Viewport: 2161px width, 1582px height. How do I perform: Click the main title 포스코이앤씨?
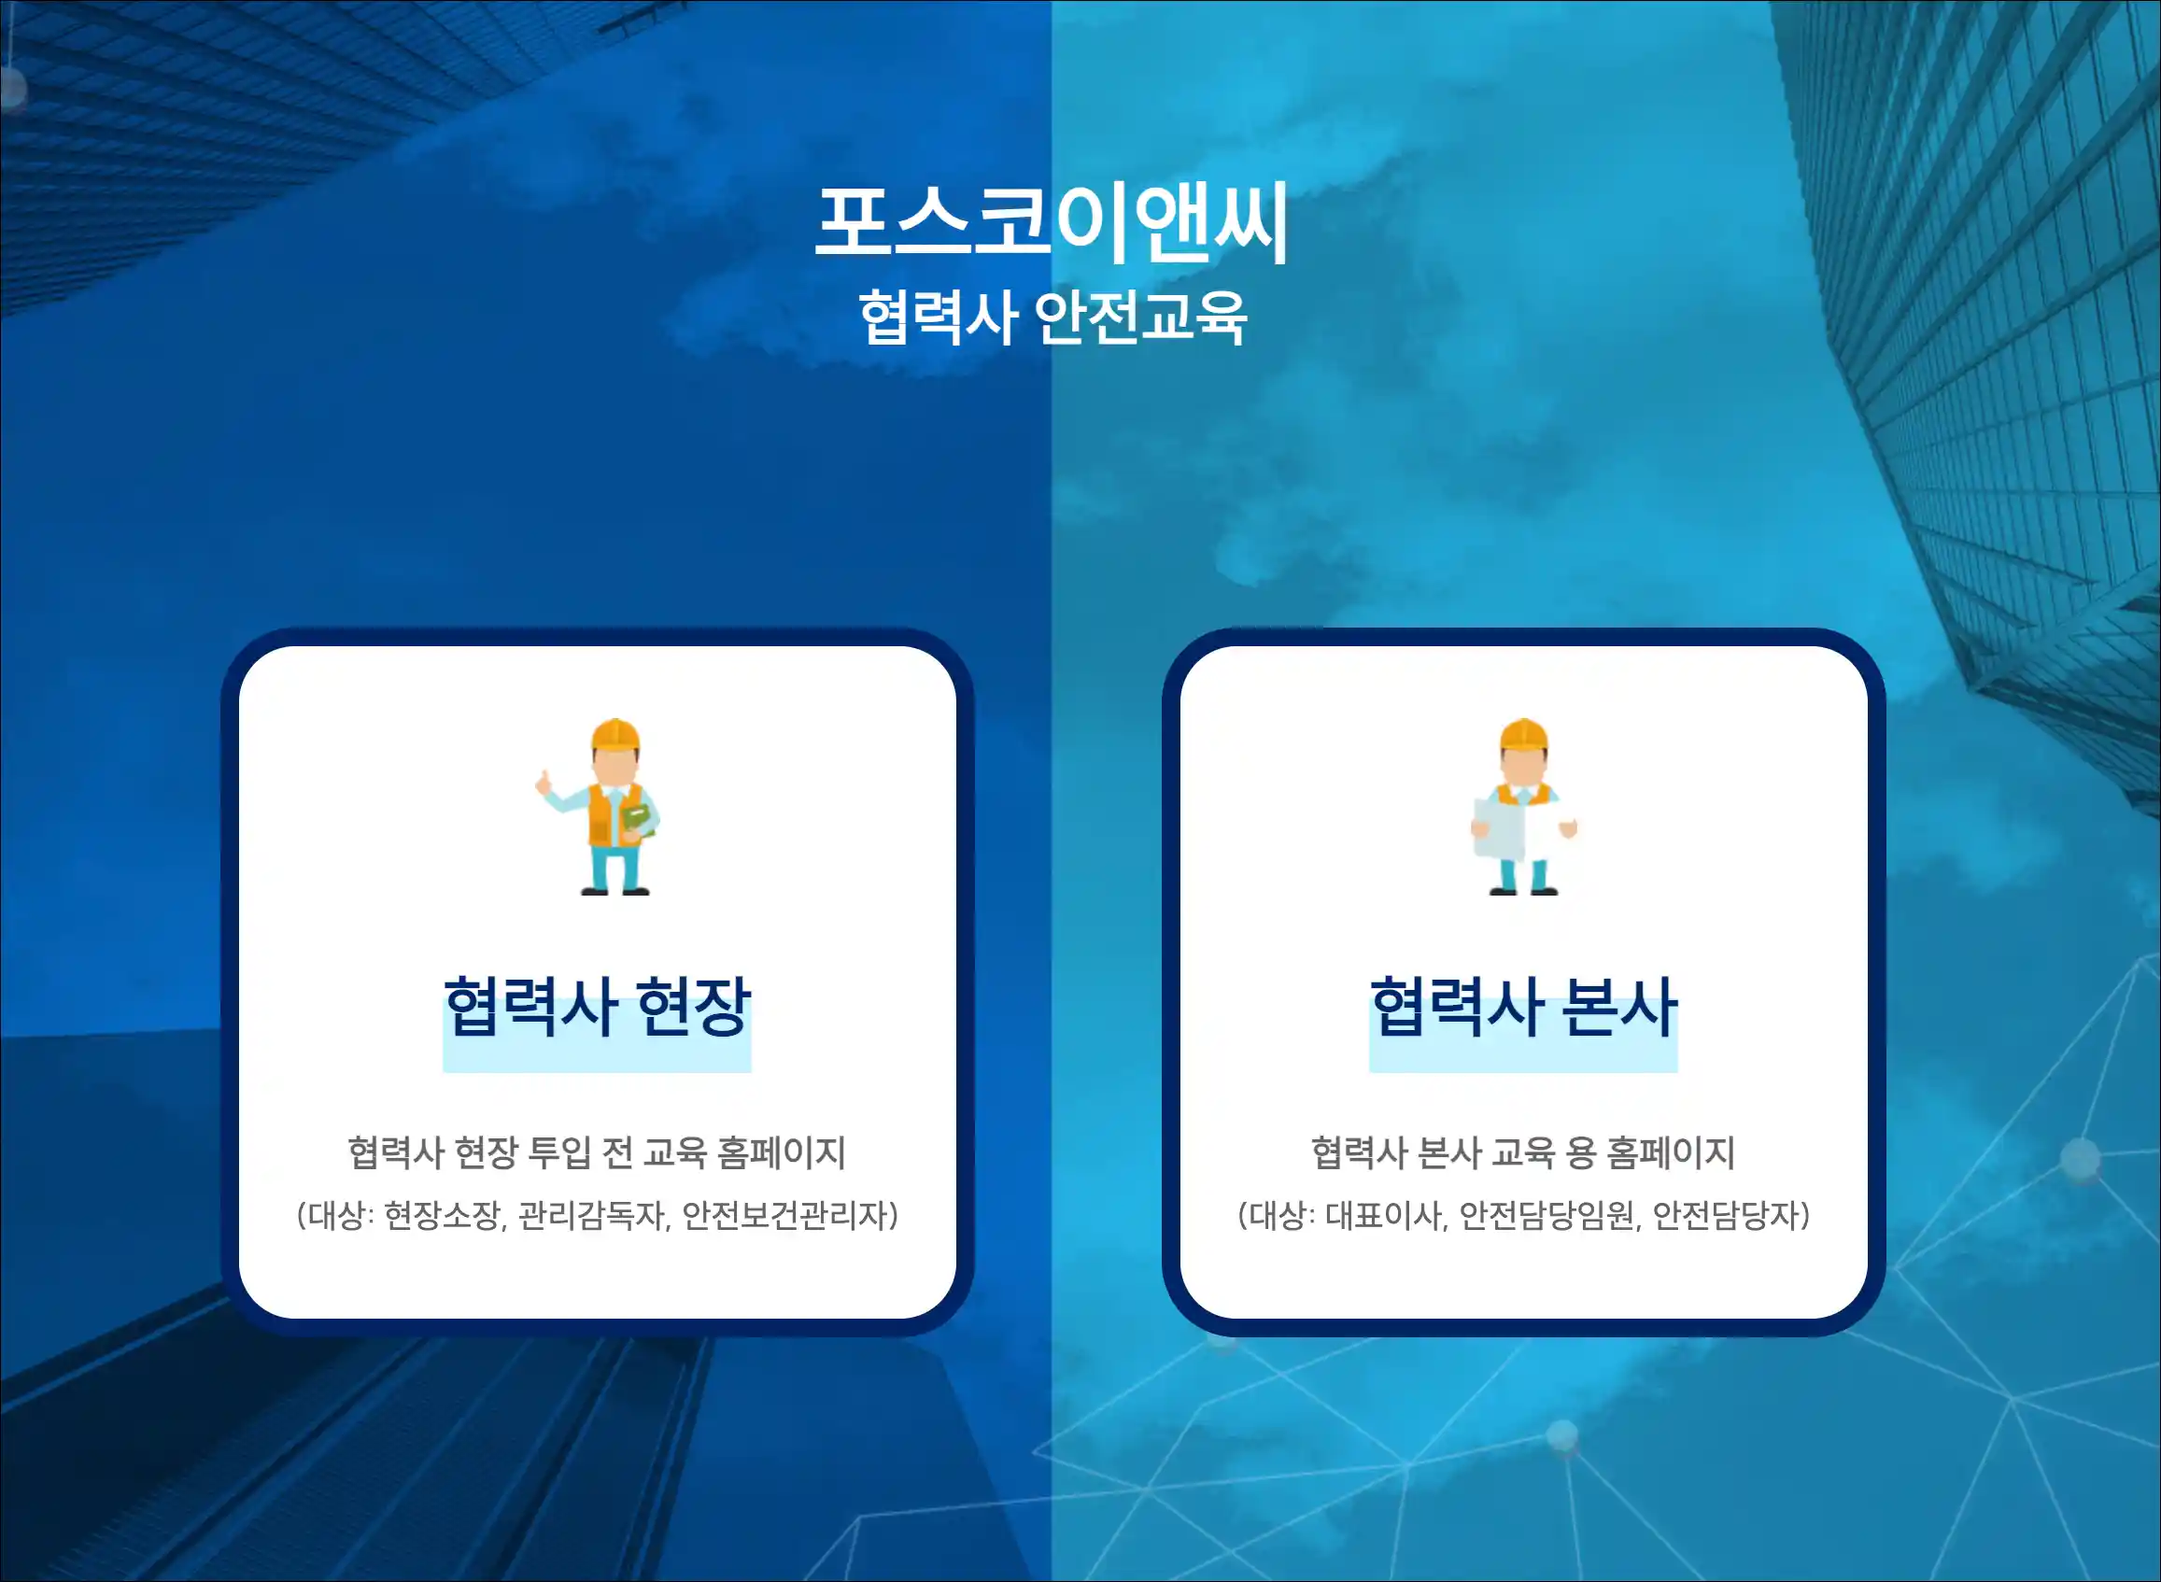click(1052, 223)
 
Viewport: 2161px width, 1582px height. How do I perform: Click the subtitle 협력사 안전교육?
click(1052, 317)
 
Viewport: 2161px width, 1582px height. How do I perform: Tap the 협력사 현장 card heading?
click(597, 1008)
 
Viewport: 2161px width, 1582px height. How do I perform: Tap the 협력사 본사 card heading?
click(1523, 1008)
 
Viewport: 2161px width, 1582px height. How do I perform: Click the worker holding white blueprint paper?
click(1523, 806)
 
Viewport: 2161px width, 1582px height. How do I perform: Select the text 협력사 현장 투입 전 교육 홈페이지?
click(597, 1152)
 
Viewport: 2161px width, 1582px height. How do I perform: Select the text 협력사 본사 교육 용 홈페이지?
click(1523, 1152)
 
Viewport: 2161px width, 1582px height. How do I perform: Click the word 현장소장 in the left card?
click(444, 1215)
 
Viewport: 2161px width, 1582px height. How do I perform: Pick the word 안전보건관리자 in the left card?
click(785, 1215)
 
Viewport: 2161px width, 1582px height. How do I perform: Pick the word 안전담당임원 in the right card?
click(1547, 1215)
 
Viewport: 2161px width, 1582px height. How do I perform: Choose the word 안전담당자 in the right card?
click(1726, 1215)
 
